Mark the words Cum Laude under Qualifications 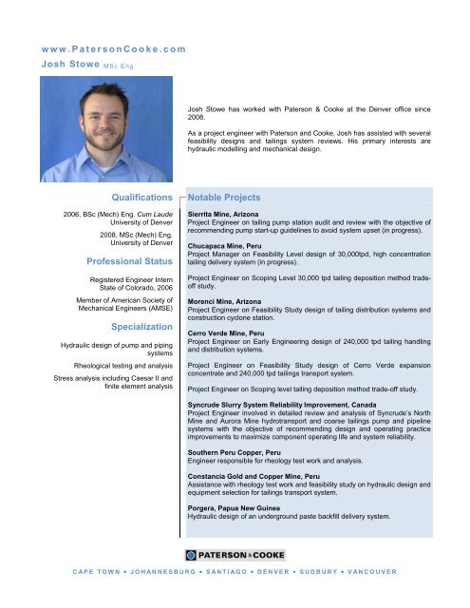(152, 217)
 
